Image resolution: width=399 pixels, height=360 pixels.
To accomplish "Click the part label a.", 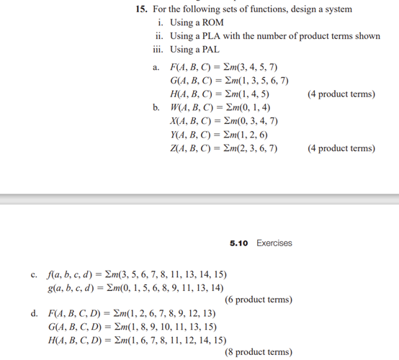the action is [155, 66].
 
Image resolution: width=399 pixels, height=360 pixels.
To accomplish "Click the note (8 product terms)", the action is [258, 352].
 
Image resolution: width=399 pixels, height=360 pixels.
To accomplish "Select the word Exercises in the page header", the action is [274, 243].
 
